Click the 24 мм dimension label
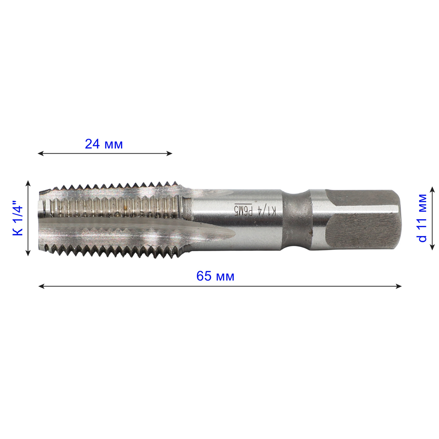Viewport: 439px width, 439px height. click(x=104, y=144)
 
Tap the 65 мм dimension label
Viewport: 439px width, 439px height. click(x=215, y=276)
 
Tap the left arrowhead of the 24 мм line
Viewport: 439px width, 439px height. click(x=40, y=154)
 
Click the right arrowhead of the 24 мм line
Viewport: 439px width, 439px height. click(x=169, y=154)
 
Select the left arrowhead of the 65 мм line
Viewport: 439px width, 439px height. click(x=41, y=286)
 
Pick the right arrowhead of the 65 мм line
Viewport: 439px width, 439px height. click(x=399, y=286)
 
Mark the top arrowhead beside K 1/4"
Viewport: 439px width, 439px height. click(x=28, y=183)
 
